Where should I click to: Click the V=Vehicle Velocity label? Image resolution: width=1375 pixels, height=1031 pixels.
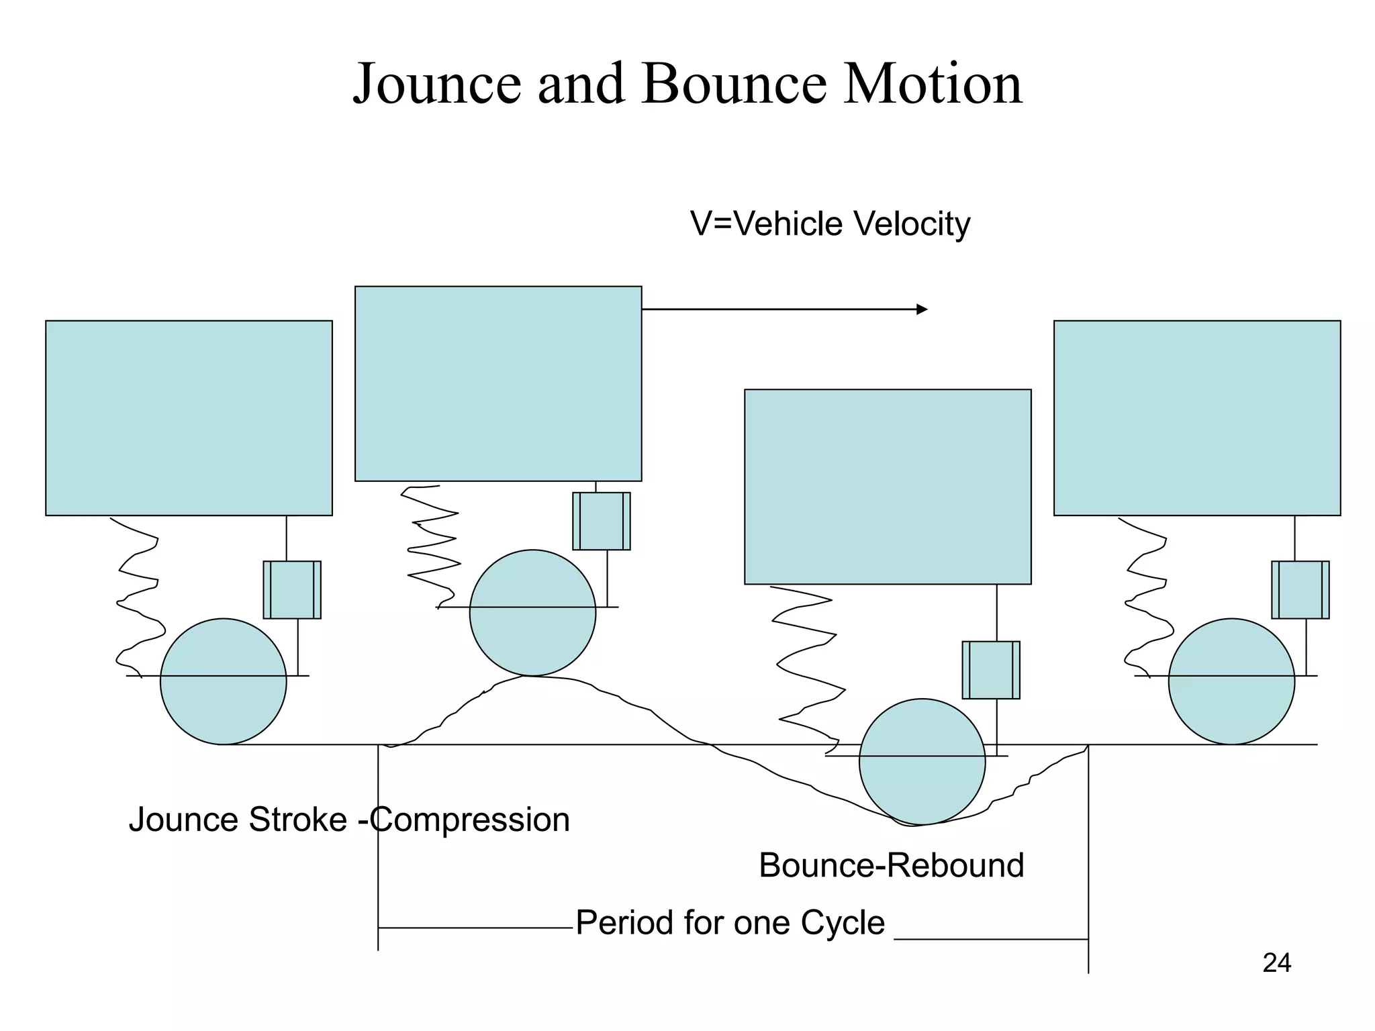pos(830,224)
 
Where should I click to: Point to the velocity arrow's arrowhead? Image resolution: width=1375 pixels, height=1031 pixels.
pos(922,309)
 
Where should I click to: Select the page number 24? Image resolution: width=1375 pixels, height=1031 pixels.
pos(1276,963)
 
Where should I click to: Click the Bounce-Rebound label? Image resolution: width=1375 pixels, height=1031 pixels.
pos(891,865)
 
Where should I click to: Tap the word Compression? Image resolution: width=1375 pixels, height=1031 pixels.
pos(470,820)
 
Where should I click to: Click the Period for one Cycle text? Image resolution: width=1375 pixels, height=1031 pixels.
pos(730,922)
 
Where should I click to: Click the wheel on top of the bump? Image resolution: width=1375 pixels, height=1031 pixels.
pos(532,613)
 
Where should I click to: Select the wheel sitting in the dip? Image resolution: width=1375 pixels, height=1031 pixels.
pos(922,761)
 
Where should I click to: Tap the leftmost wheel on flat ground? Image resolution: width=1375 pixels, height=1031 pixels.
pos(224,681)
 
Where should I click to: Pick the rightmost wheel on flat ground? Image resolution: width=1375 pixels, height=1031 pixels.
pos(1231,681)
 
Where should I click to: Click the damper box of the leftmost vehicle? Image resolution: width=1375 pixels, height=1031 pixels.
pos(292,589)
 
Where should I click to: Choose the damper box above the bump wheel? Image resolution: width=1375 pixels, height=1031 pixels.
pos(601,521)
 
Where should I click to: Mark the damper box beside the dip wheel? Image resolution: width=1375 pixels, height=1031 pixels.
pos(990,670)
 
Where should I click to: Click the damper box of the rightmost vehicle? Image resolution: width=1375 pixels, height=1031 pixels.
pos(1300,589)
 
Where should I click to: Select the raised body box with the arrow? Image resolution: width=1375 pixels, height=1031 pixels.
pos(498,383)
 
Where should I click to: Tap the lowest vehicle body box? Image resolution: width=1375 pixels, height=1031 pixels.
pos(888,487)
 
